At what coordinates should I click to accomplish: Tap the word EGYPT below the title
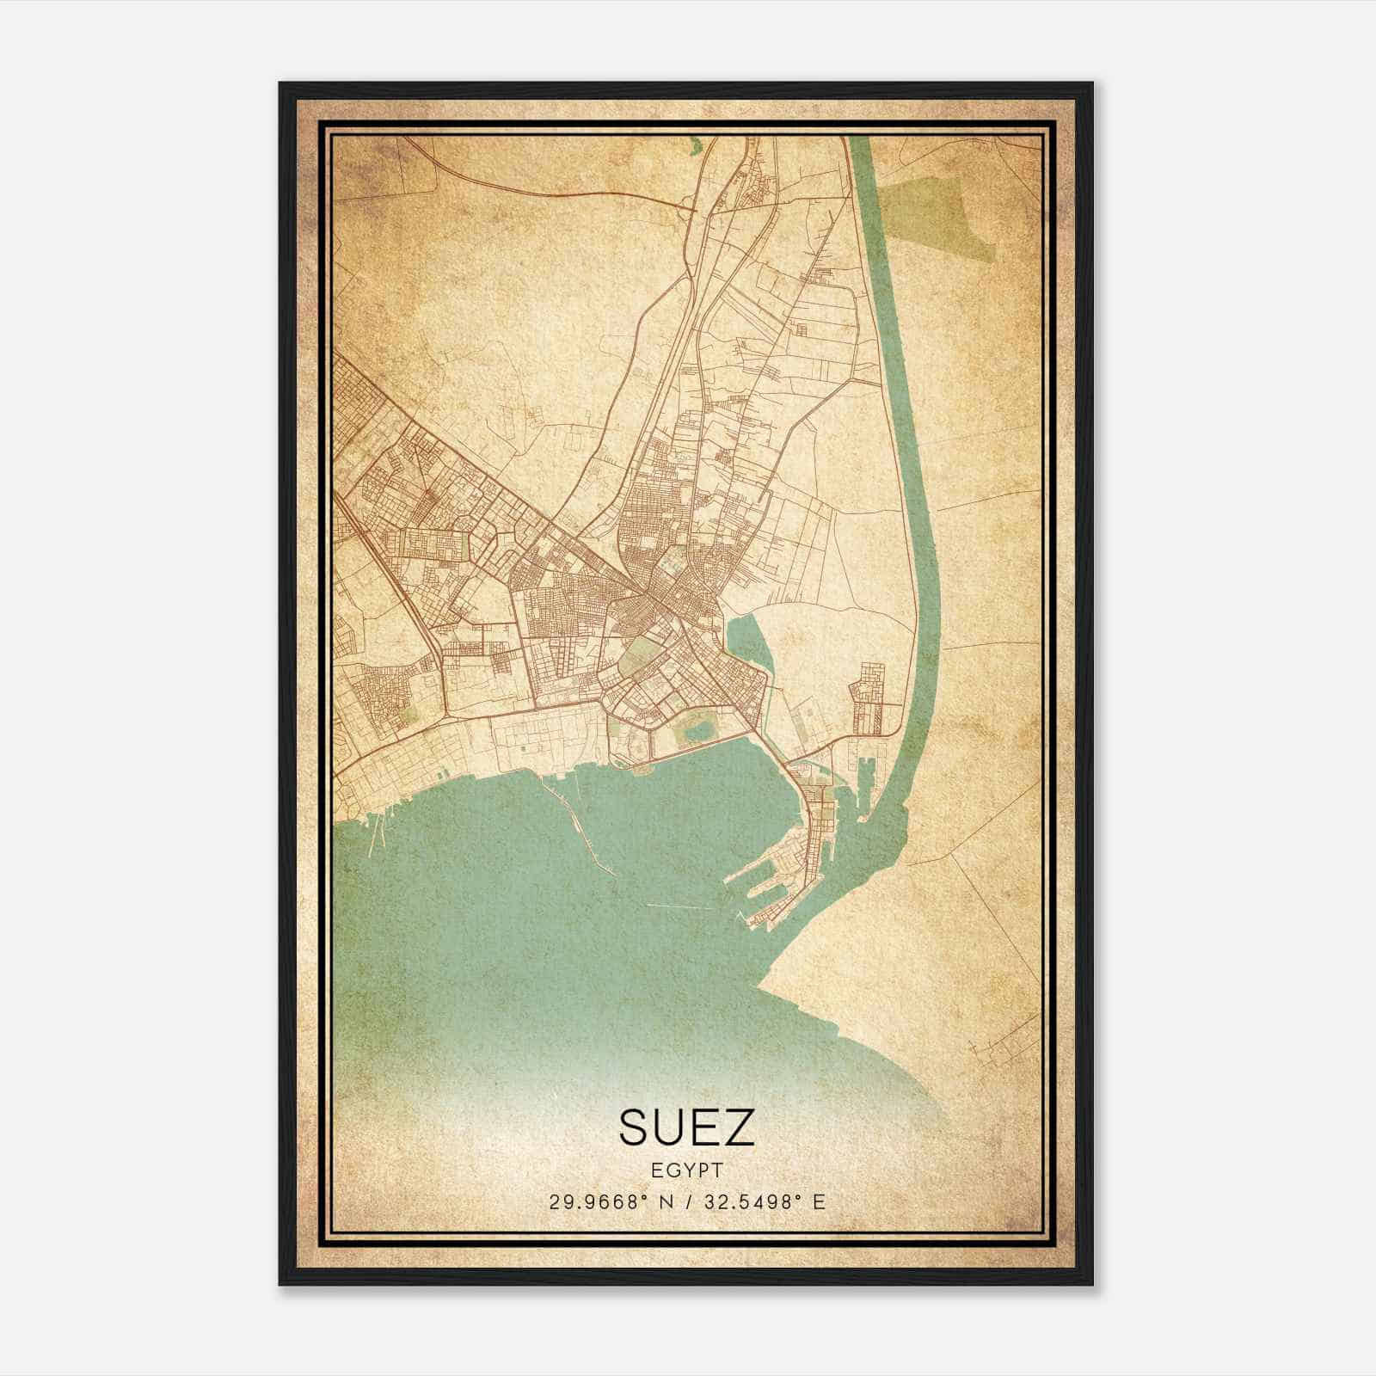coord(686,1170)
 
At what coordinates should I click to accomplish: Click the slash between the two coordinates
coord(687,1201)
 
